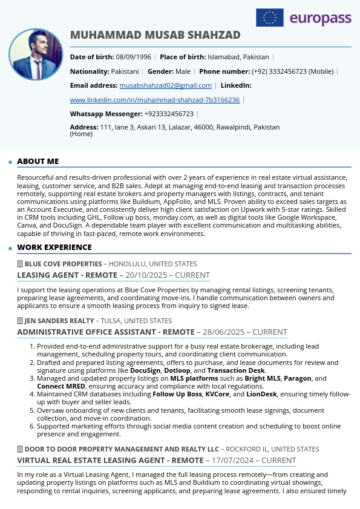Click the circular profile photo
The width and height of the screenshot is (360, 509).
click(x=36, y=54)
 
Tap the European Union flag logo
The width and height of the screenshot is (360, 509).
click(x=270, y=18)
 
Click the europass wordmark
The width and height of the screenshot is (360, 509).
click(x=320, y=19)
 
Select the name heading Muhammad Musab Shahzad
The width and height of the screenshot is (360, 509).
click(x=155, y=35)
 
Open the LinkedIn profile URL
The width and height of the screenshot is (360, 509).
click(x=155, y=100)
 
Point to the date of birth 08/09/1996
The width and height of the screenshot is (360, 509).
click(x=134, y=57)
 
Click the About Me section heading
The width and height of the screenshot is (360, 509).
click(x=38, y=162)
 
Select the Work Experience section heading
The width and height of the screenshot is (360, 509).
click(x=54, y=248)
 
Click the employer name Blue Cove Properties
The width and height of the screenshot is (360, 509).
click(x=63, y=264)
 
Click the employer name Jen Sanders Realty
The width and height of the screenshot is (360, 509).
click(x=59, y=321)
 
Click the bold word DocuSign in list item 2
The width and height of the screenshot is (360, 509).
click(x=145, y=370)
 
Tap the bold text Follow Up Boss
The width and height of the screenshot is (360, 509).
click(x=177, y=394)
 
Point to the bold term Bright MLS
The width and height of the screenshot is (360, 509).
click(x=263, y=378)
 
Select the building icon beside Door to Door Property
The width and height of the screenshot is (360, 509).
click(x=20, y=450)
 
